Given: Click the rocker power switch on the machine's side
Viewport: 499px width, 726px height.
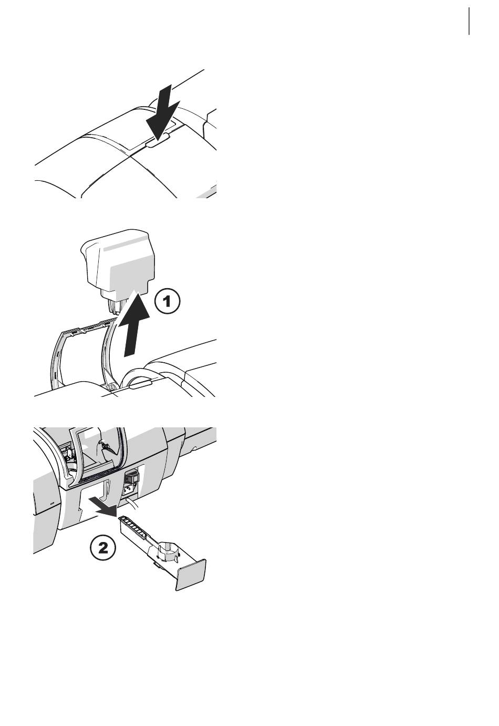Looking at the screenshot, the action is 131,478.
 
